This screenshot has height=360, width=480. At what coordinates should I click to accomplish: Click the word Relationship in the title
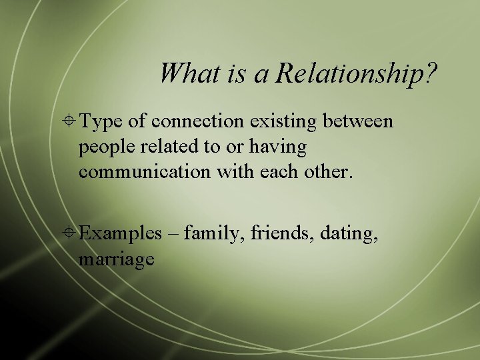click(x=348, y=73)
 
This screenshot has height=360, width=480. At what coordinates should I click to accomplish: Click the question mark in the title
click(x=433, y=73)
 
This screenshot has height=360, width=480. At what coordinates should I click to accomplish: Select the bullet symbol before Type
click(x=69, y=121)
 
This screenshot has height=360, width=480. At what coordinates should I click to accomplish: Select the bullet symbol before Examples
click(x=69, y=233)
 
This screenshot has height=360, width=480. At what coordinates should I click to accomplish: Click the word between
click(x=359, y=121)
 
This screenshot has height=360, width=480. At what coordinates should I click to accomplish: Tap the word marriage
click(x=117, y=259)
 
